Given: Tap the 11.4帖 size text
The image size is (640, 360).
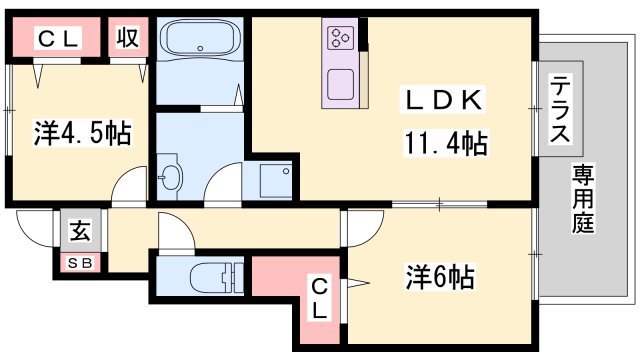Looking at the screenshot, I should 446,144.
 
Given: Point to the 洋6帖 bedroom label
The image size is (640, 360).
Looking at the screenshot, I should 440,273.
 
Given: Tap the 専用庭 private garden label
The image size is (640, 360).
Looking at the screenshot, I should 583,199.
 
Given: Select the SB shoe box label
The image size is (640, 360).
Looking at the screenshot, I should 77,263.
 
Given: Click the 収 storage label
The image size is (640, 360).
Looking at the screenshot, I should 127,39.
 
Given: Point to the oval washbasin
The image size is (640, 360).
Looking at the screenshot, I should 171,177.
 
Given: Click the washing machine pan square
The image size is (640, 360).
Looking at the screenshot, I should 273,179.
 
